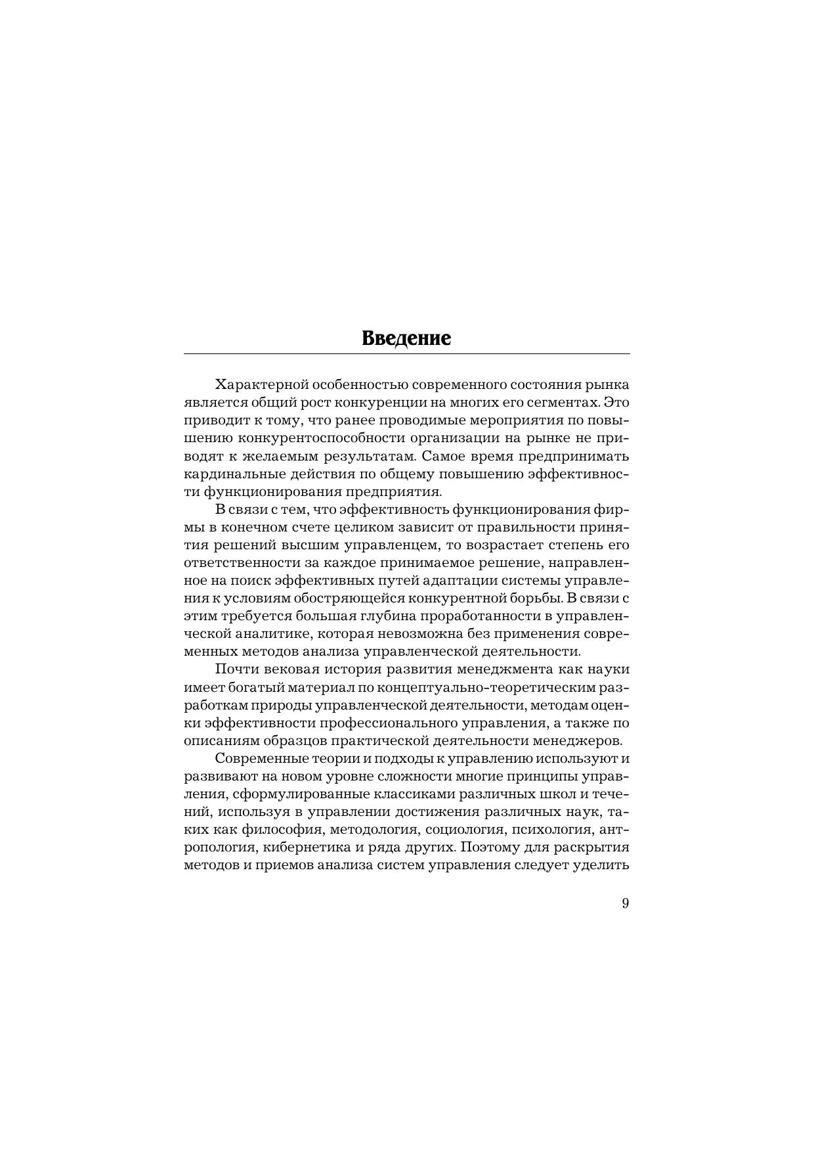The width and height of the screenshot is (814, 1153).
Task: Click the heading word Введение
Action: tap(406, 338)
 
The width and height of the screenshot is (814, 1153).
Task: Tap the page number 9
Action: tap(625, 903)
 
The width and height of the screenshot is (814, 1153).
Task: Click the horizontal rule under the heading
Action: tap(406, 354)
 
